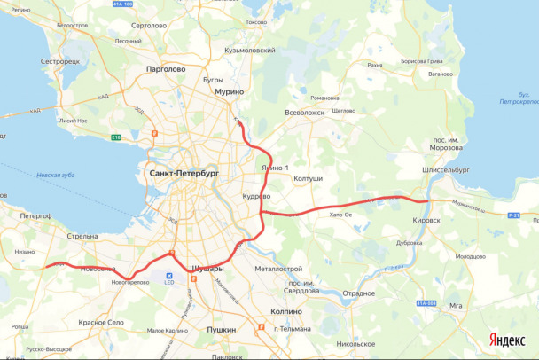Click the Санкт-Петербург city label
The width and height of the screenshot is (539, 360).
coord(184,172)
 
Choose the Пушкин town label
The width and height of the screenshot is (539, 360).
coord(221,329)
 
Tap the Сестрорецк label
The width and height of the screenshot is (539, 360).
coord(60,62)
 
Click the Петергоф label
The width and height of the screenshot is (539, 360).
coord(35,215)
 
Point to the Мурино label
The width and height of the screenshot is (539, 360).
coord(228,90)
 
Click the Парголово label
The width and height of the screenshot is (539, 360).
coord(165,68)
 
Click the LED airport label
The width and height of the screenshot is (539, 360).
coord(169,285)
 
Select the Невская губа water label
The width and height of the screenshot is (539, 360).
coord(55,176)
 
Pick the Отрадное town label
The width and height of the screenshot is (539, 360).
coord(359,293)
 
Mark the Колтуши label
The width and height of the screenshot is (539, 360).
coord(309,178)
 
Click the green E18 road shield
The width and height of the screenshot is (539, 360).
coord(116,137)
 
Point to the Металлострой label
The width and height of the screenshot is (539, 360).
coord(278,269)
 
